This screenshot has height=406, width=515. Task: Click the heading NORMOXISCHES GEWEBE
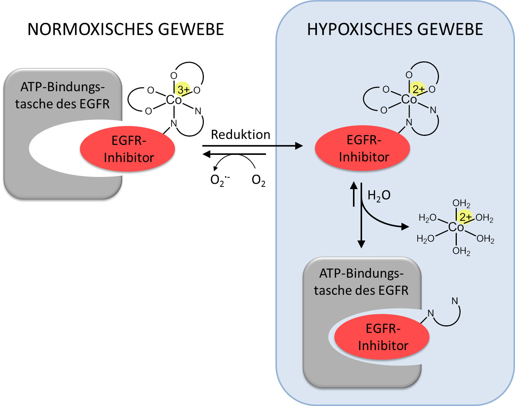[x=126, y=29]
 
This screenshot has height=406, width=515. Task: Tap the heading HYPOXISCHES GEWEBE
[x=395, y=29]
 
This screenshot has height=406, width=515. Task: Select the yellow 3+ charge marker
[x=183, y=89]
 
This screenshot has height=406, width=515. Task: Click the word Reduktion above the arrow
[x=240, y=135]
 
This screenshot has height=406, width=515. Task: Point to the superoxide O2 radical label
[x=220, y=180]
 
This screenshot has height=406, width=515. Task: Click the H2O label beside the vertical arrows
[x=379, y=196]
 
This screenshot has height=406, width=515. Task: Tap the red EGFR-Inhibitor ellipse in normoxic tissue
[x=127, y=149]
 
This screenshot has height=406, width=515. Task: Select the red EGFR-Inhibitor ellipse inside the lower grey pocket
[x=382, y=337]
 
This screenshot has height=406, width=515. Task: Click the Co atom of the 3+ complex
[x=174, y=100]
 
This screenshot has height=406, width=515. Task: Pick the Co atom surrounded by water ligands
[x=456, y=227]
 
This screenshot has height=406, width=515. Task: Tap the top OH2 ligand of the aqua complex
[x=461, y=204]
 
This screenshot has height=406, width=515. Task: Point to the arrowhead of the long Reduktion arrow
[x=299, y=146]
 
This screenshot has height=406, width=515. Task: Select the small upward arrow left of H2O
[x=354, y=194]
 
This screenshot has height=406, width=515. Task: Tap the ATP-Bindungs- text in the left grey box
[x=62, y=87]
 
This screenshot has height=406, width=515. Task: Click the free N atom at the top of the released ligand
[x=455, y=301]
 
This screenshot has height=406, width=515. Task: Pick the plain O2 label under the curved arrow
[x=259, y=180]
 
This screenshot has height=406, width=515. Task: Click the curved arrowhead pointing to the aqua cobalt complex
[x=405, y=227]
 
